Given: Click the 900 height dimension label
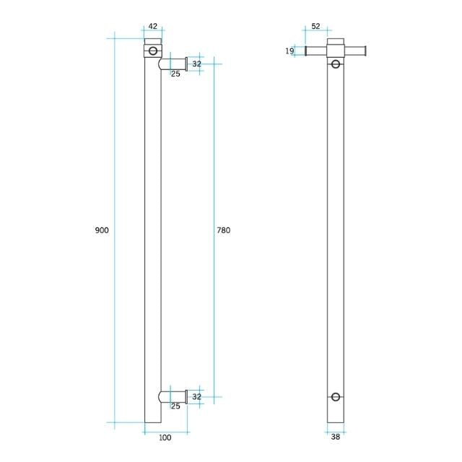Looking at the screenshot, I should [101, 230].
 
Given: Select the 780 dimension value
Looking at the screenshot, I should [223, 230].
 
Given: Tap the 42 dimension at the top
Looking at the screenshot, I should [152, 26].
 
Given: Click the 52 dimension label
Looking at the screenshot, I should [315, 26].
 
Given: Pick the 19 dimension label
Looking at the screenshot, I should [289, 51].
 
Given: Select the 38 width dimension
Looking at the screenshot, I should [335, 436].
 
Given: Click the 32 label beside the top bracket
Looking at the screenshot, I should [196, 64].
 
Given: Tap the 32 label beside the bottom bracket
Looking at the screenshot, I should [196, 396].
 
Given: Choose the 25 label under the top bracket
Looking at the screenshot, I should [175, 74].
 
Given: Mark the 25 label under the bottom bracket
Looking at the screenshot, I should [175, 406].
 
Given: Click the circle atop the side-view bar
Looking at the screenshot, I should [152, 51].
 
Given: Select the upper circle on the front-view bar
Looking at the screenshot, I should [335, 64].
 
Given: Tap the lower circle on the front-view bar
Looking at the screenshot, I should [335, 396].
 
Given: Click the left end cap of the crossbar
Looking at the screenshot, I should [307, 51].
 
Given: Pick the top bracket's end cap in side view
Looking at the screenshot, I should [186, 64].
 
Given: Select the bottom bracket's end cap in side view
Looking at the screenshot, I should [186, 396].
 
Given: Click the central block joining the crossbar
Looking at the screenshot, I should [335, 51].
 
